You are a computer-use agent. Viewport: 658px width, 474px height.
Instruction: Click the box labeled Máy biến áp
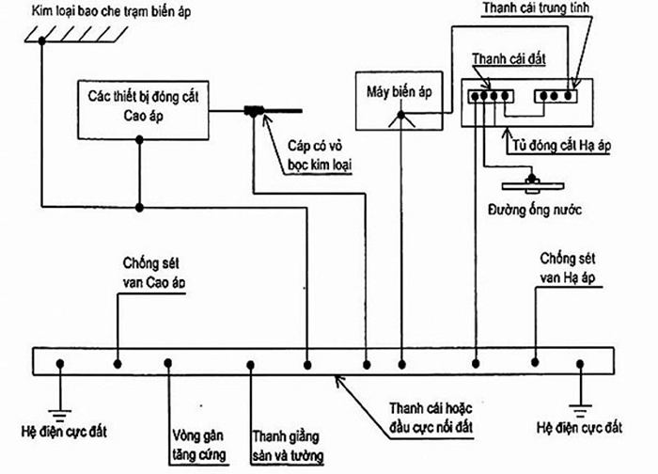coord(396,96)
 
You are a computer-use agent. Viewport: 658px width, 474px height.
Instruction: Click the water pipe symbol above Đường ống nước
coord(531,182)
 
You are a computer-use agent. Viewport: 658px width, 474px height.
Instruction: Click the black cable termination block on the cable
coord(254,113)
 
